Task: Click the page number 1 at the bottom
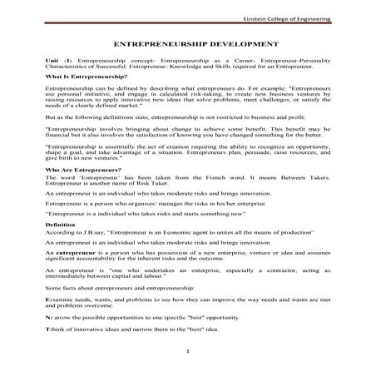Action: click(x=189, y=353)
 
